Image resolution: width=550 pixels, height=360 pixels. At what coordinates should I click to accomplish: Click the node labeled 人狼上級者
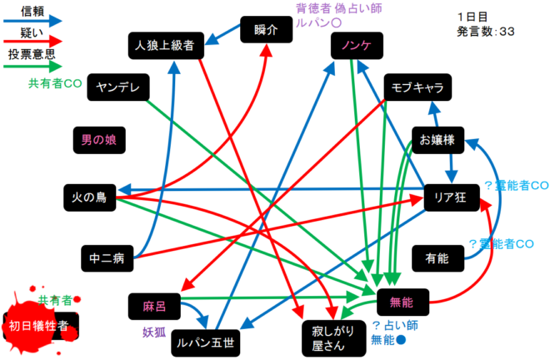[x=163, y=46]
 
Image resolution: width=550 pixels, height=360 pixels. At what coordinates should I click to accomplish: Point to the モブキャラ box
[x=418, y=87]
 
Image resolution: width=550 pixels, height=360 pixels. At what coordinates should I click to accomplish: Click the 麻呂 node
[x=156, y=306]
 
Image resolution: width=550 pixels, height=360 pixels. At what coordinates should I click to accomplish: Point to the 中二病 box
[x=107, y=259]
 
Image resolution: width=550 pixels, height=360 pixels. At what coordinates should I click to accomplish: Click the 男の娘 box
[x=99, y=139]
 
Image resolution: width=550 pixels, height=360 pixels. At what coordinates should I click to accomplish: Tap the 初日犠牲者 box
[x=41, y=324]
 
